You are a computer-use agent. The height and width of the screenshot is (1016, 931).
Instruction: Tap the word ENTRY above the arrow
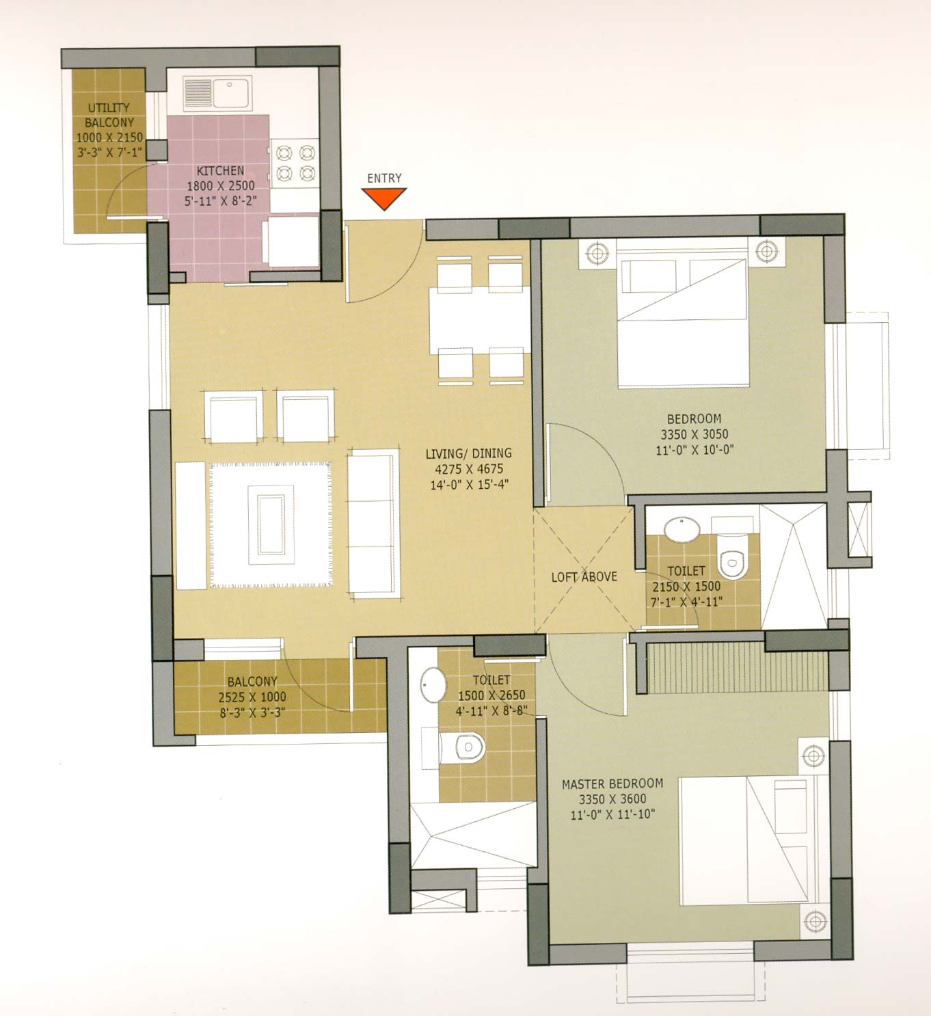(x=384, y=178)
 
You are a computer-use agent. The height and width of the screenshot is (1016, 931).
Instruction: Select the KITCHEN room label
(x=220, y=171)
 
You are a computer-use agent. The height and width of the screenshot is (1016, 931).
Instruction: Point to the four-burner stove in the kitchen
(x=295, y=163)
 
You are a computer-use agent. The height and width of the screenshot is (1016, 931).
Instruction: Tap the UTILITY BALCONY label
(x=109, y=115)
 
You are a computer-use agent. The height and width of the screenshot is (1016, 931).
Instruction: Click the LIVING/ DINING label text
(x=468, y=453)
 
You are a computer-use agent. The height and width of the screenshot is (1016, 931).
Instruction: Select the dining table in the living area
(x=479, y=321)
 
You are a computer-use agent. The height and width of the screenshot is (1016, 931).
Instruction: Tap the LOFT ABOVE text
(x=584, y=576)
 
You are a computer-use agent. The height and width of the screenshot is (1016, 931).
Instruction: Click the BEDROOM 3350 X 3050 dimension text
(x=694, y=434)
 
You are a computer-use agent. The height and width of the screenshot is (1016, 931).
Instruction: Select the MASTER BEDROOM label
(x=612, y=784)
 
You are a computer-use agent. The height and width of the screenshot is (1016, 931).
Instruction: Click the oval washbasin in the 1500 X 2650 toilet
(x=433, y=684)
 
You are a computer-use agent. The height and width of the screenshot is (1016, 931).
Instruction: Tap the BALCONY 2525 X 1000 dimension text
(x=252, y=697)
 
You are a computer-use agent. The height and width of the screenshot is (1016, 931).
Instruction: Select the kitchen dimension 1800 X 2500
(x=220, y=186)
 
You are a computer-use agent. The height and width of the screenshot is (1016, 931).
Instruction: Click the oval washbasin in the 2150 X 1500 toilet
(x=682, y=529)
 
